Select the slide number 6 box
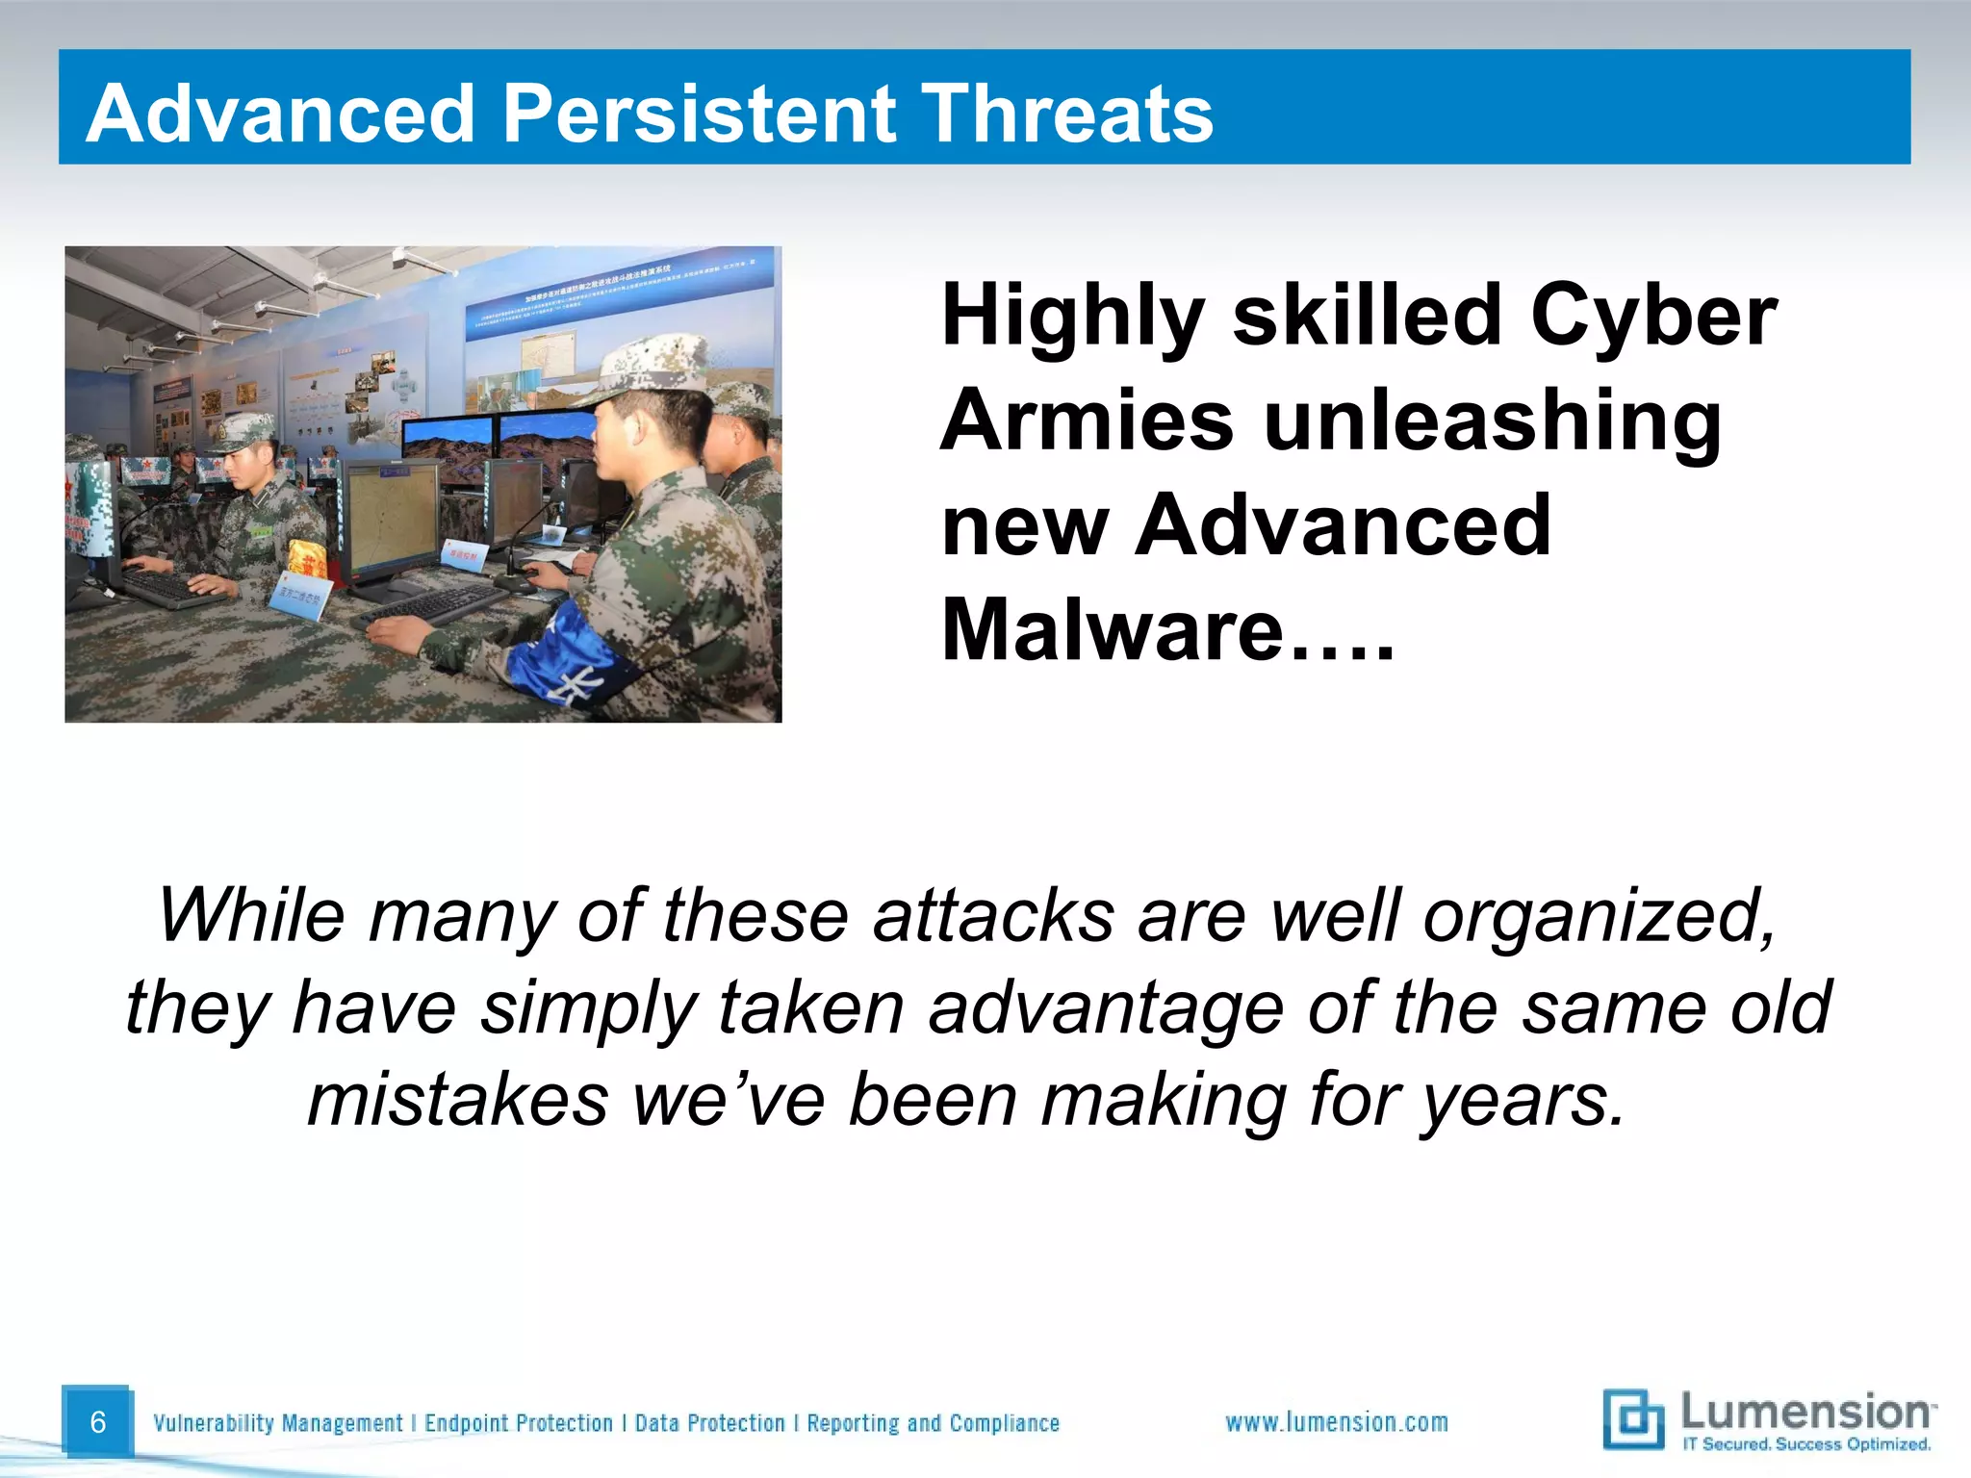[x=96, y=1422]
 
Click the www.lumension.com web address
[x=1336, y=1422]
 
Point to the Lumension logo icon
[x=1633, y=1418]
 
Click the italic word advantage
[x=1106, y=1007]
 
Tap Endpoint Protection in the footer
[x=518, y=1423]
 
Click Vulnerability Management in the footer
[x=278, y=1423]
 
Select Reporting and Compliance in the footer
[x=933, y=1423]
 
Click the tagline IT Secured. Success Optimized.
[x=1805, y=1444]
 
